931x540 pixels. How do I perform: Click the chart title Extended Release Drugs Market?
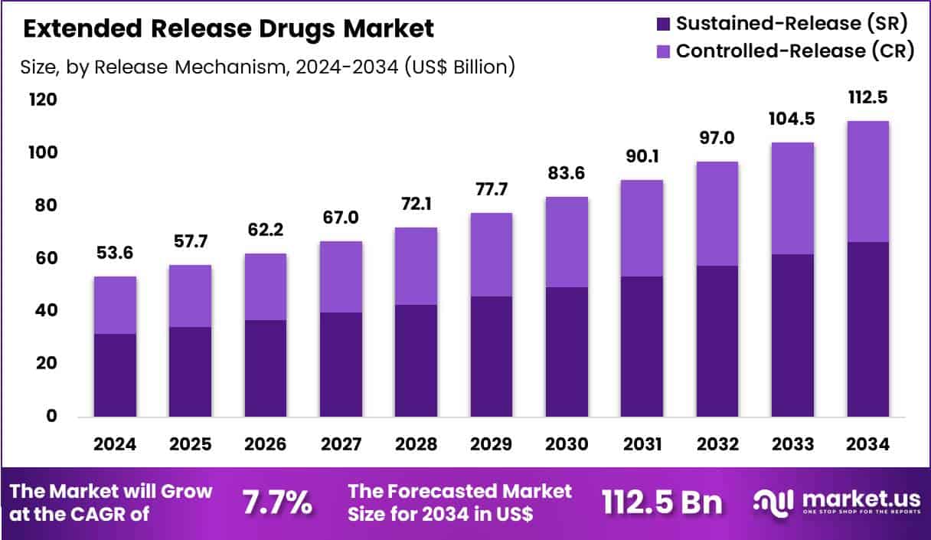point(228,29)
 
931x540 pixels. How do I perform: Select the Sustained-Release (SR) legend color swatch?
point(663,23)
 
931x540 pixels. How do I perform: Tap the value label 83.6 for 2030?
point(566,175)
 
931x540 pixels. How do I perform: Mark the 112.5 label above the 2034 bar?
point(867,99)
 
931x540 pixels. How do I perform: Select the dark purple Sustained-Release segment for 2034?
point(867,329)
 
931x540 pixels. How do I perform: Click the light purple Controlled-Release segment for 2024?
point(115,305)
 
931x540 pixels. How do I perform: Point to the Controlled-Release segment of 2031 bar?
point(641,228)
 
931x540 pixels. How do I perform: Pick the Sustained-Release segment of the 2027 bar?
point(341,365)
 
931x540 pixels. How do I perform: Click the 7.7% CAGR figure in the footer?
point(277,503)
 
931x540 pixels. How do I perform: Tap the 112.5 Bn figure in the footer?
point(661,503)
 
